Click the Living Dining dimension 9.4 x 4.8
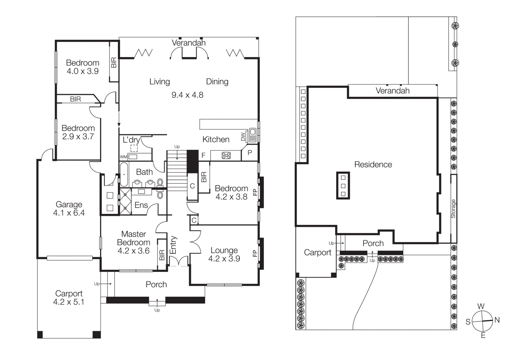[x=187, y=95]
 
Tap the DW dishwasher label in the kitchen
[x=243, y=137]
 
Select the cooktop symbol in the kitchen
[x=226, y=156]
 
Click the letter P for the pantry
[x=250, y=153]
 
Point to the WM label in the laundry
[x=123, y=157]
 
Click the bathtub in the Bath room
[x=124, y=175]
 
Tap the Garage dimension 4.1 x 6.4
[x=69, y=213]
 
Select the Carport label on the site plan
[x=317, y=253]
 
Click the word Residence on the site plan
[x=373, y=165]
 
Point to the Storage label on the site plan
[x=453, y=209]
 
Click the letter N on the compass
[x=497, y=320]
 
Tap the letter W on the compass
[x=481, y=306]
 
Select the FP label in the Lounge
[x=255, y=254]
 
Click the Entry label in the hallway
[x=173, y=245]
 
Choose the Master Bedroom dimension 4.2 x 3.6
[x=133, y=251]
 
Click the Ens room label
[x=141, y=205]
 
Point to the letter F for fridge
[x=203, y=156]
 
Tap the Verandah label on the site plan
[x=392, y=91]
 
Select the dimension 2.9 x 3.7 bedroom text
[x=78, y=136]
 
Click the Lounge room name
[x=224, y=250]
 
